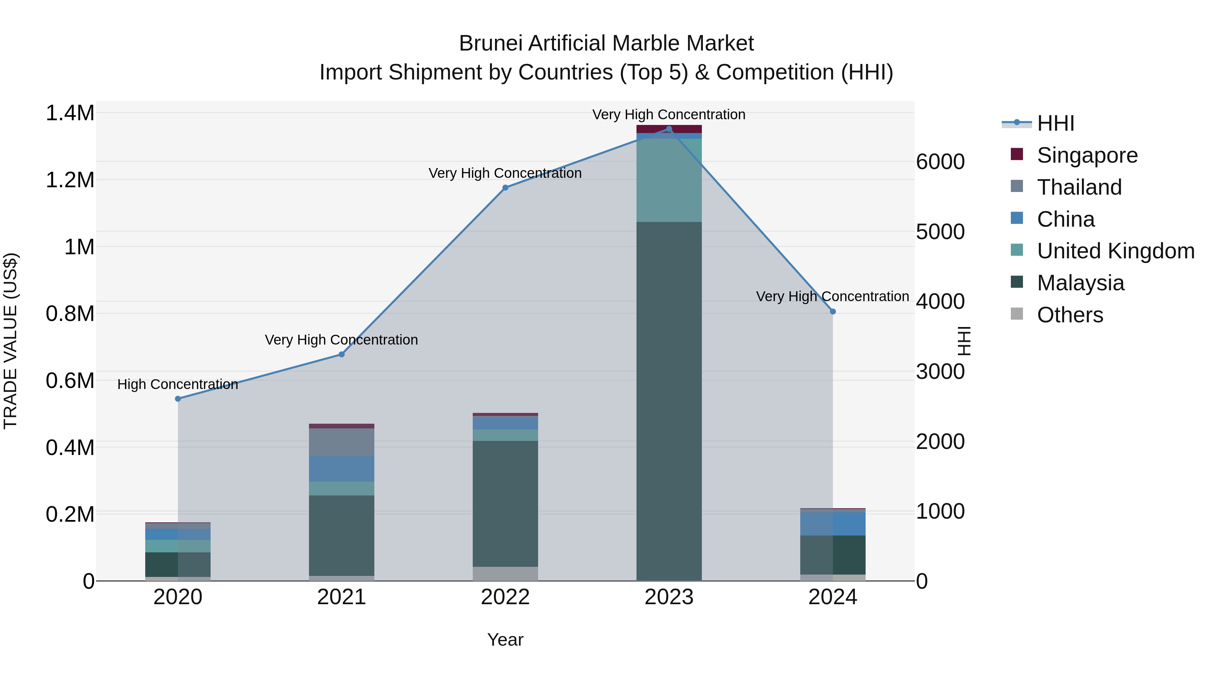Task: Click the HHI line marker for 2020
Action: pyautogui.click(x=178, y=399)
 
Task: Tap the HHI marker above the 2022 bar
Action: pyautogui.click(x=505, y=187)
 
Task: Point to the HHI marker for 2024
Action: pyautogui.click(x=833, y=312)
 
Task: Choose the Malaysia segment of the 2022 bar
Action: pyautogui.click(x=505, y=503)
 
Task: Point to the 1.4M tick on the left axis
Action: pyautogui.click(x=70, y=113)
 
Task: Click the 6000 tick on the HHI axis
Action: pyautogui.click(x=940, y=162)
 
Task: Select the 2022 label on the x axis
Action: pyautogui.click(x=505, y=597)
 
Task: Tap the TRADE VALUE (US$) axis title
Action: pyautogui.click(x=10, y=341)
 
